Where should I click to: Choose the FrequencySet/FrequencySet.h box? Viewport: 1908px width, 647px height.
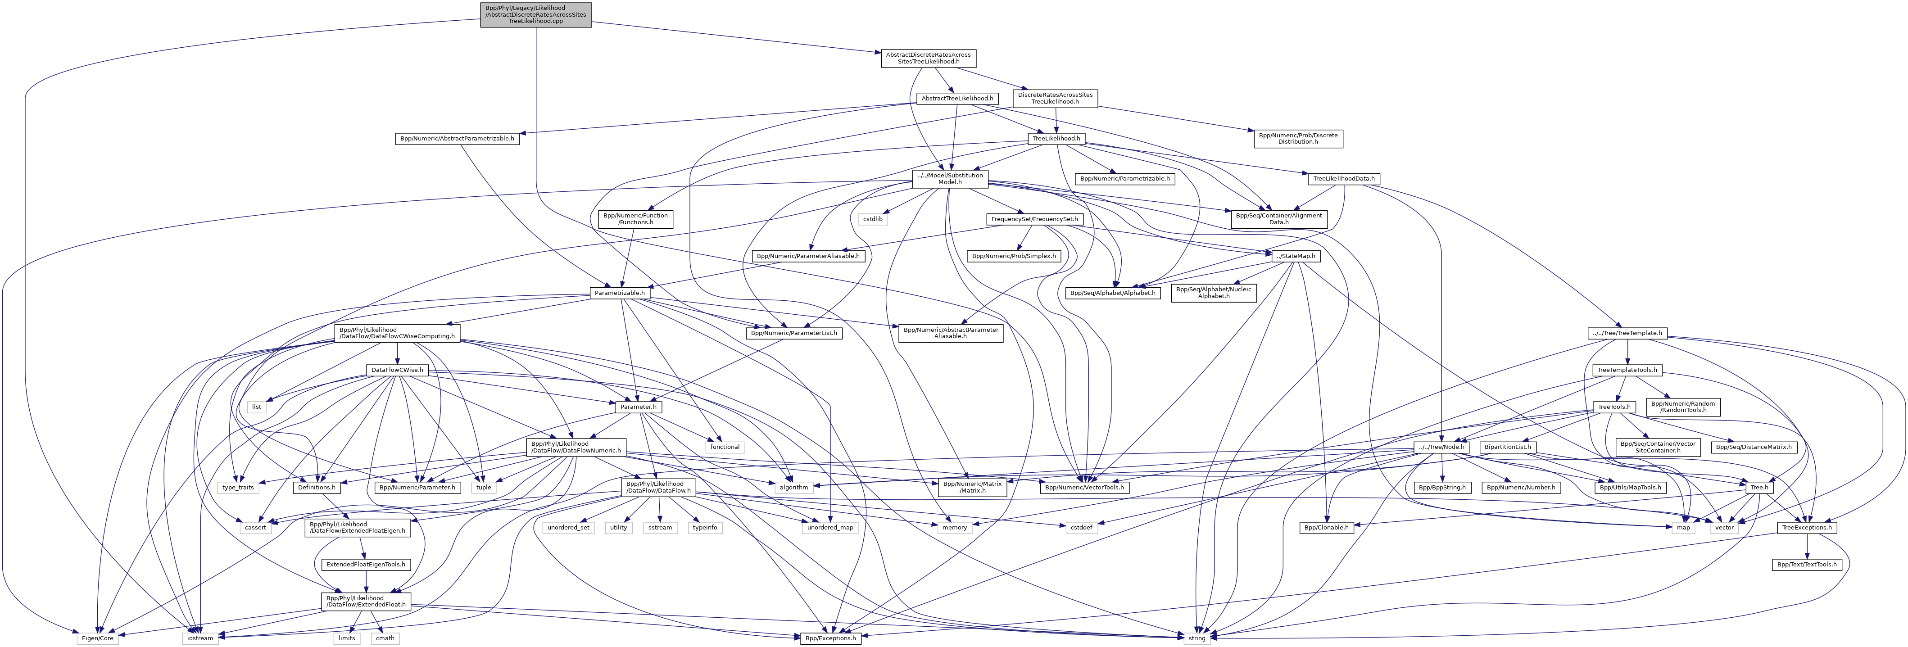coord(1034,219)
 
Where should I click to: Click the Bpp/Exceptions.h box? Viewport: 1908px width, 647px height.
coord(830,638)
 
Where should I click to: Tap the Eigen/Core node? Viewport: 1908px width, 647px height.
coord(97,638)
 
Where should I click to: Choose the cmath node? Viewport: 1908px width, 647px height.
coord(385,638)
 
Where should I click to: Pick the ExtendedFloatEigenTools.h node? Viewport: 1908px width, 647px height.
coord(366,565)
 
